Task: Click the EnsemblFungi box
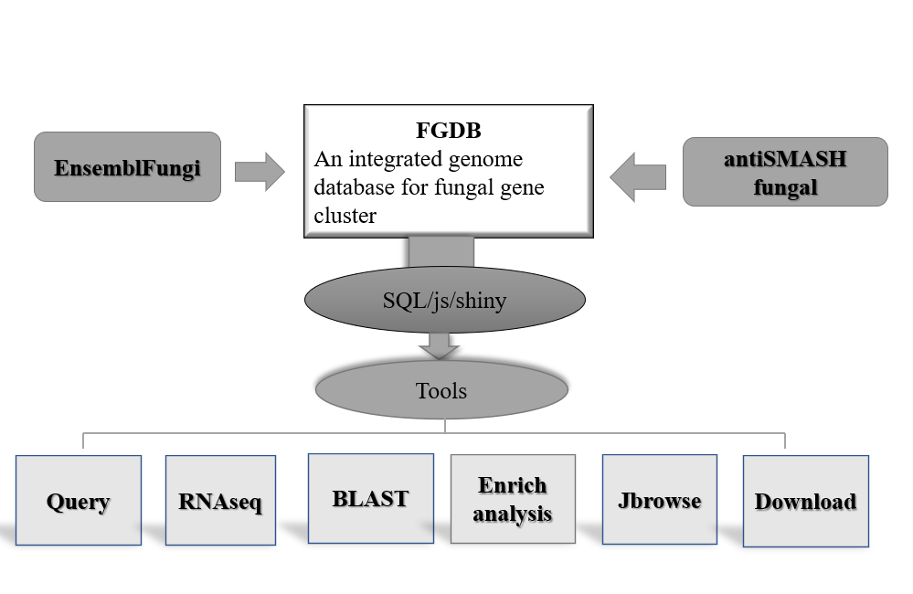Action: pos(128,167)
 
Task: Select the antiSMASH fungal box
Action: pos(785,172)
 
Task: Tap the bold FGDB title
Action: pos(449,131)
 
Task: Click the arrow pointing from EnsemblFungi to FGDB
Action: pos(260,172)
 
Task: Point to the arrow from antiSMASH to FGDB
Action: pos(638,177)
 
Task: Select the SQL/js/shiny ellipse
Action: pos(445,300)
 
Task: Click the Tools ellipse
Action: pos(441,389)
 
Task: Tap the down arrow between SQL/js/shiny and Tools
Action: pos(439,346)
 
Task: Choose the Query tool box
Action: pos(79,500)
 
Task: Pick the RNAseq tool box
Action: pos(220,500)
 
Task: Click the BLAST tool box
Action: pos(371,498)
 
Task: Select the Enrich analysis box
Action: pos(513,499)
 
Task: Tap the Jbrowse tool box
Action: pos(660,500)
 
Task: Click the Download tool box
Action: pos(806,502)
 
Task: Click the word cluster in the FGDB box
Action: pos(345,216)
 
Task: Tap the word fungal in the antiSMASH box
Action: pos(785,187)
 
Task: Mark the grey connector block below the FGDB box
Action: pos(441,252)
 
